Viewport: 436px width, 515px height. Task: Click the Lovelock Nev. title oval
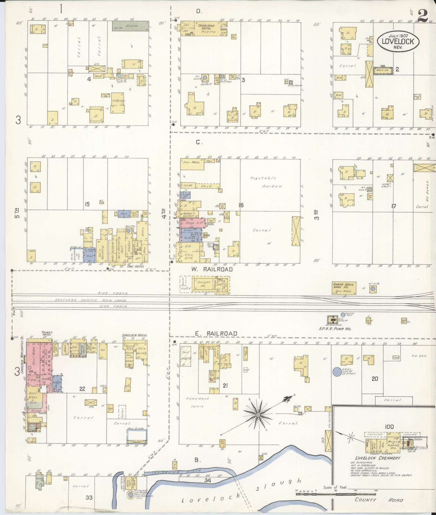pyautogui.click(x=399, y=41)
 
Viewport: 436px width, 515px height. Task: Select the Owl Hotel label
pyautogui.click(x=137, y=267)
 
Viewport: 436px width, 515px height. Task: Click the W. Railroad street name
pyautogui.click(x=212, y=269)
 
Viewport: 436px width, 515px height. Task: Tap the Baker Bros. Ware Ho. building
pyautogui.click(x=344, y=288)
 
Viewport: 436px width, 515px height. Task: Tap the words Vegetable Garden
pyautogui.click(x=264, y=182)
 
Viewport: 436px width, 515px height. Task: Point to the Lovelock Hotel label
pyautogui.click(x=134, y=335)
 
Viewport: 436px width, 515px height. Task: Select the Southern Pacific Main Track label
pyautogui.click(x=91, y=300)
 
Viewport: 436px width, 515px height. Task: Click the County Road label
pyautogui.click(x=379, y=500)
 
